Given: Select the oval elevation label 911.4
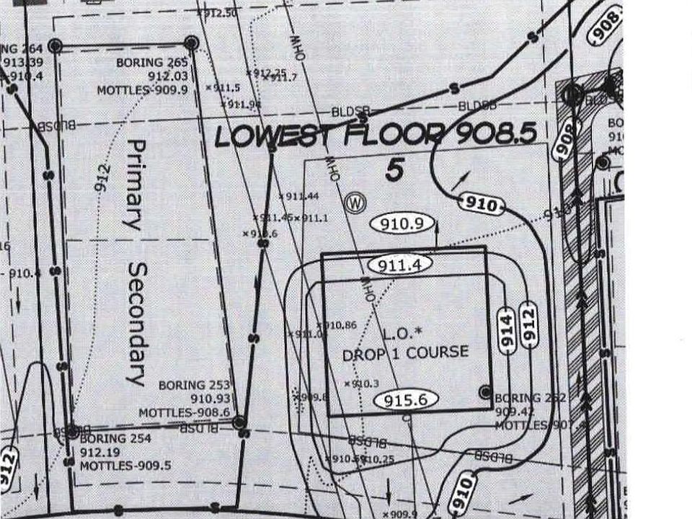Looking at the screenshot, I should (399, 265).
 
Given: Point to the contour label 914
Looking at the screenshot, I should (507, 330).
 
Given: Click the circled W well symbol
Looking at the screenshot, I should (355, 203).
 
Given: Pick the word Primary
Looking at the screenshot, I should (135, 185).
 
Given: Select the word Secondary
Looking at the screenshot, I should (136, 322).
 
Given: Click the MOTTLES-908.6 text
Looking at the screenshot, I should (184, 412).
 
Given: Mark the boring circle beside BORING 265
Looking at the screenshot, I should (191, 43).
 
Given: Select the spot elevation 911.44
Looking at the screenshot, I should (302, 196).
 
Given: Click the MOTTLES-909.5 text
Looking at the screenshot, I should (125, 466).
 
